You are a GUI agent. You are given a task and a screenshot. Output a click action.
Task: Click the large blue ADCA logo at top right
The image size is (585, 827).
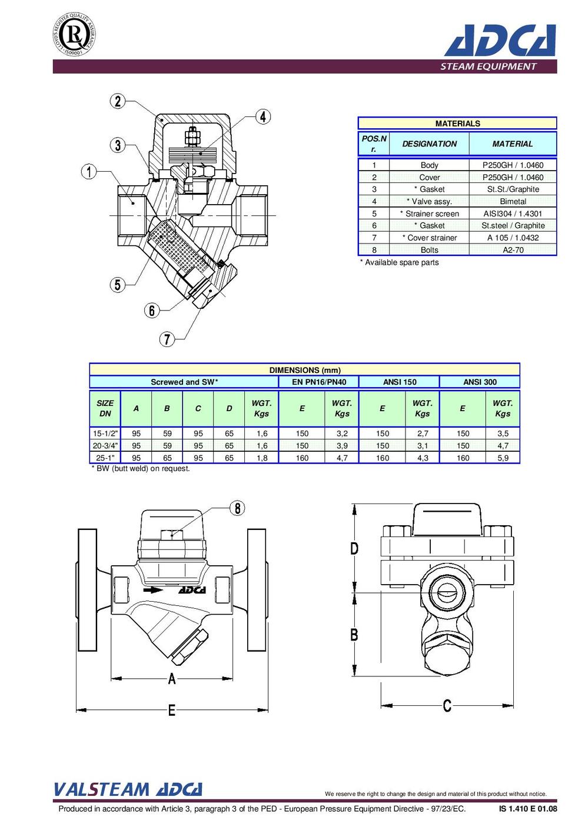[500, 40]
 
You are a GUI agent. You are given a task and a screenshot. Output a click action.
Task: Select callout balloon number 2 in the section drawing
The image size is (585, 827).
[118, 101]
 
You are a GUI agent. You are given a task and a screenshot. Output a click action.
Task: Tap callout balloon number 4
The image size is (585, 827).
[262, 116]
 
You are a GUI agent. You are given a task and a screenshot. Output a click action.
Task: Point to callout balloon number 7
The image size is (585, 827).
[167, 339]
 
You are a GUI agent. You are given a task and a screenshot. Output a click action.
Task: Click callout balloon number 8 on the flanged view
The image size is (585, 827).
[237, 508]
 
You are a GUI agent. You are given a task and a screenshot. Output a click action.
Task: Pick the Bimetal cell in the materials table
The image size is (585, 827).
[513, 201]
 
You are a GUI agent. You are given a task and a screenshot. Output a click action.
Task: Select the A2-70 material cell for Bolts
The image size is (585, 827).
[513, 249]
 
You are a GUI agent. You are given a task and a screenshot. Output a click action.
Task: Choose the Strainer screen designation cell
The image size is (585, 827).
[429, 214]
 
